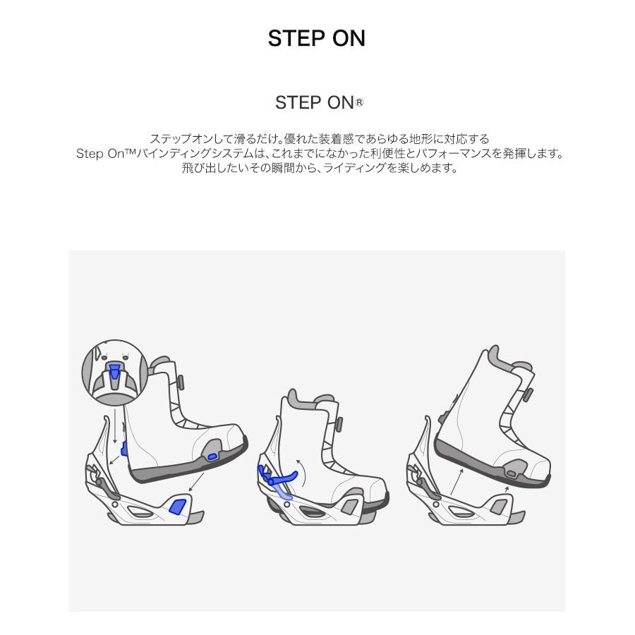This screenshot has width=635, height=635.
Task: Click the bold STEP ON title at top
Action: tap(317, 38)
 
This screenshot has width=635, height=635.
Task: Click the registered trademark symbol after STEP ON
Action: tap(359, 103)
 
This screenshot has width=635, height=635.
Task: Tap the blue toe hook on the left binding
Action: tap(178, 506)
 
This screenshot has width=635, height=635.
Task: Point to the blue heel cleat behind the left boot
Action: tap(125, 449)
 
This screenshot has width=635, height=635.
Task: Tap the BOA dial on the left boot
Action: tap(180, 382)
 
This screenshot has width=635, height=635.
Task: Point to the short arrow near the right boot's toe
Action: tap(506, 490)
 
